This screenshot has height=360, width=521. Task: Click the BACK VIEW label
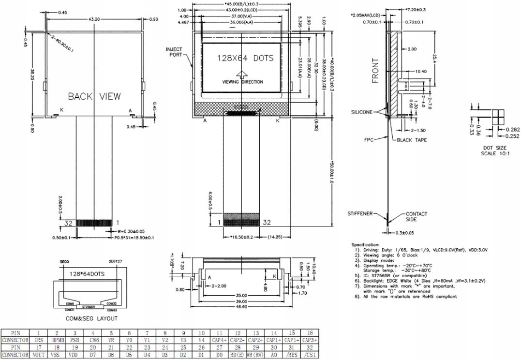(94, 96)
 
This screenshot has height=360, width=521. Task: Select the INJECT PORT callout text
(174, 51)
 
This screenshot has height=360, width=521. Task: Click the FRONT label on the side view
(375, 71)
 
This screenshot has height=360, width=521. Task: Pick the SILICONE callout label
(362, 112)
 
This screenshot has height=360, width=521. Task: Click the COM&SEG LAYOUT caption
(91, 318)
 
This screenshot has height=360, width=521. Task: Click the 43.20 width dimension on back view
(92, 18)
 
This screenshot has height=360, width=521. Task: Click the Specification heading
(366, 245)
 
